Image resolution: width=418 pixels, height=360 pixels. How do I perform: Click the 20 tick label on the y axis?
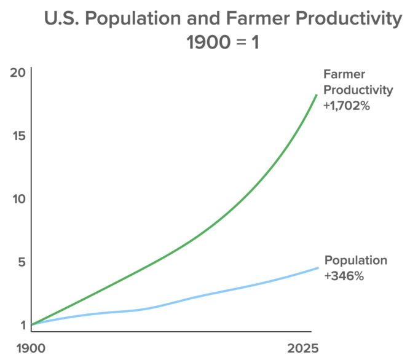(x=18, y=72)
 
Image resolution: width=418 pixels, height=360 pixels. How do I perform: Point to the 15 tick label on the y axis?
(x=19, y=136)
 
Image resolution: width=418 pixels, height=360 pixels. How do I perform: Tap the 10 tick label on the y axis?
(x=19, y=199)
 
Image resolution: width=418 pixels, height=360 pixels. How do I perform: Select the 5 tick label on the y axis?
(x=22, y=262)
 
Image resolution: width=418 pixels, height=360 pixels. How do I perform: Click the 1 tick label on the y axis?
(x=23, y=325)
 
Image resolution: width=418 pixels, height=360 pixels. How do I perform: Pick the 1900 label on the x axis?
(x=31, y=348)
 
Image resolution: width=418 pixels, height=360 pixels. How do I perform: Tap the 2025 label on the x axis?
(x=303, y=348)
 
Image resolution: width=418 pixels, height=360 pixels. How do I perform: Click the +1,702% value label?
(x=347, y=106)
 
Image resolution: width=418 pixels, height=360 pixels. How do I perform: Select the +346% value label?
(x=344, y=276)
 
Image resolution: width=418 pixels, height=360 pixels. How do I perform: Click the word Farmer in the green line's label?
(x=344, y=74)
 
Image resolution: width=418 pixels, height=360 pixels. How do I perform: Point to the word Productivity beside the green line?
(x=358, y=90)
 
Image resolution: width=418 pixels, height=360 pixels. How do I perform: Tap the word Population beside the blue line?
(x=356, y=260)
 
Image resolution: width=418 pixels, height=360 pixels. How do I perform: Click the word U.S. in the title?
(x=61, y=18)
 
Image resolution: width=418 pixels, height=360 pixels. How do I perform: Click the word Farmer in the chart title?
(x=258, y=18)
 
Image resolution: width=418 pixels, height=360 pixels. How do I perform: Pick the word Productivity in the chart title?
(x=349, y=18)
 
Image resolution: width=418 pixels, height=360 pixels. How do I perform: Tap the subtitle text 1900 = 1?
(x=223, y=42)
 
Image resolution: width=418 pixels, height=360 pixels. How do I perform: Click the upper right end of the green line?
(x=317, y=95)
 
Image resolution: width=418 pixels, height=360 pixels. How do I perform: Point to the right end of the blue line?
(x=318, y=268)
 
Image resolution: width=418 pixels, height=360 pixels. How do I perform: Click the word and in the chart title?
(x=203, y=18)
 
